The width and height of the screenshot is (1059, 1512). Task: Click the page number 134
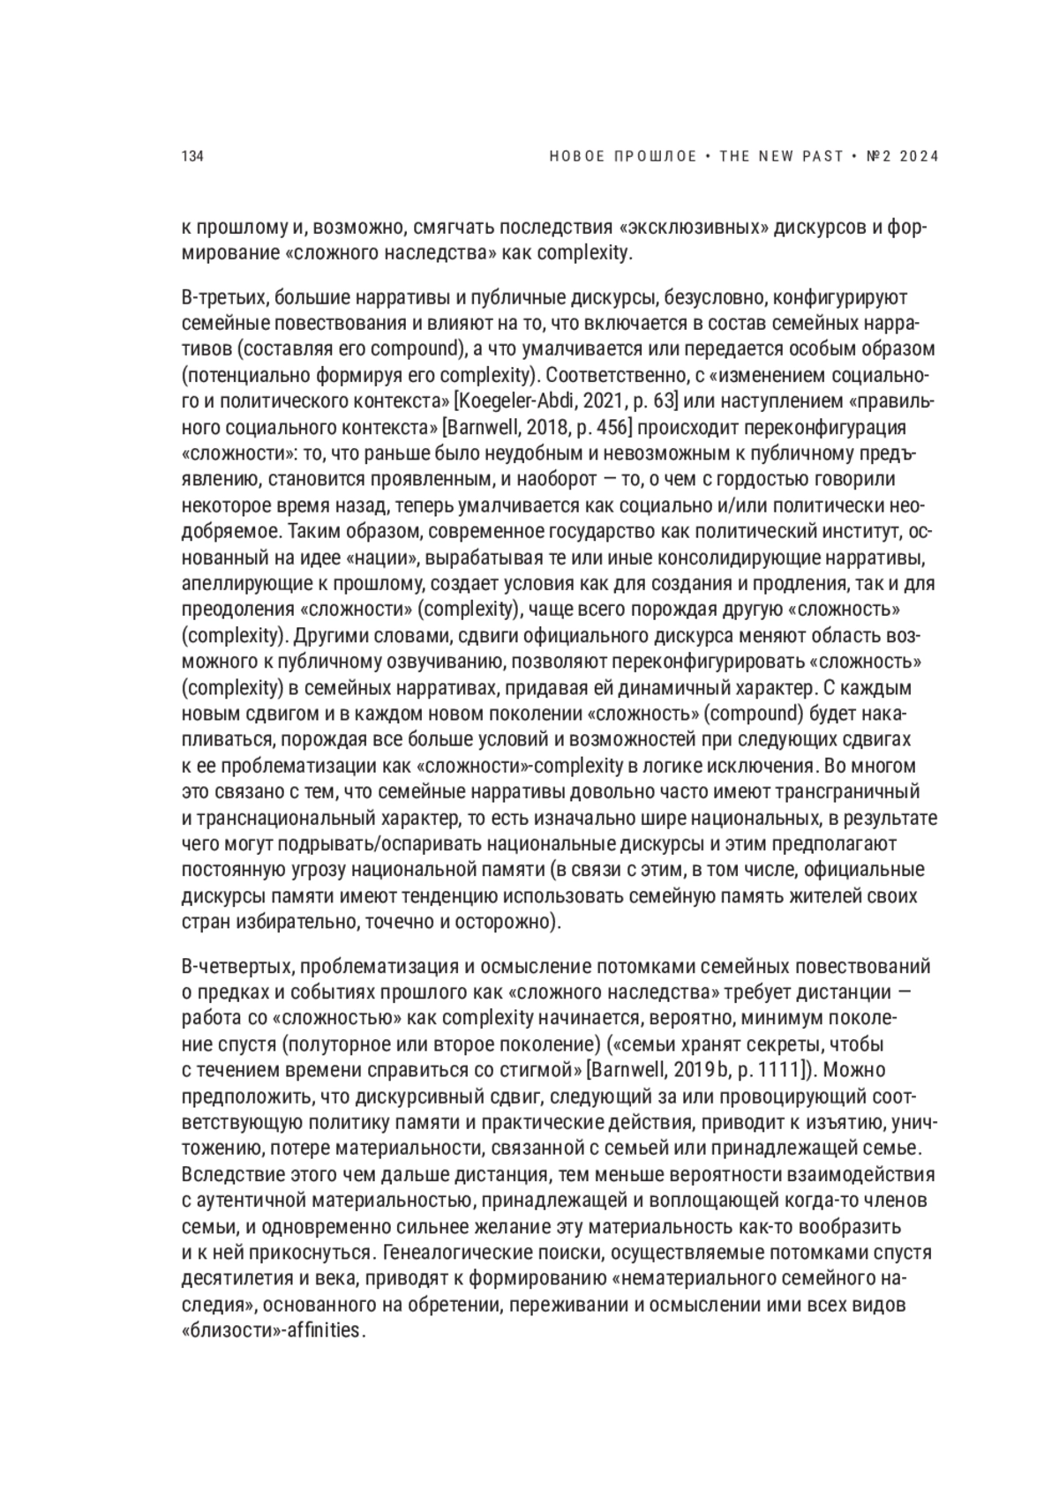click(192, 157)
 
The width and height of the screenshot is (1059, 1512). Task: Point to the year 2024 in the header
click(919, 157)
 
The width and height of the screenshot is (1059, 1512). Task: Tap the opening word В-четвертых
click(228, 967)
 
